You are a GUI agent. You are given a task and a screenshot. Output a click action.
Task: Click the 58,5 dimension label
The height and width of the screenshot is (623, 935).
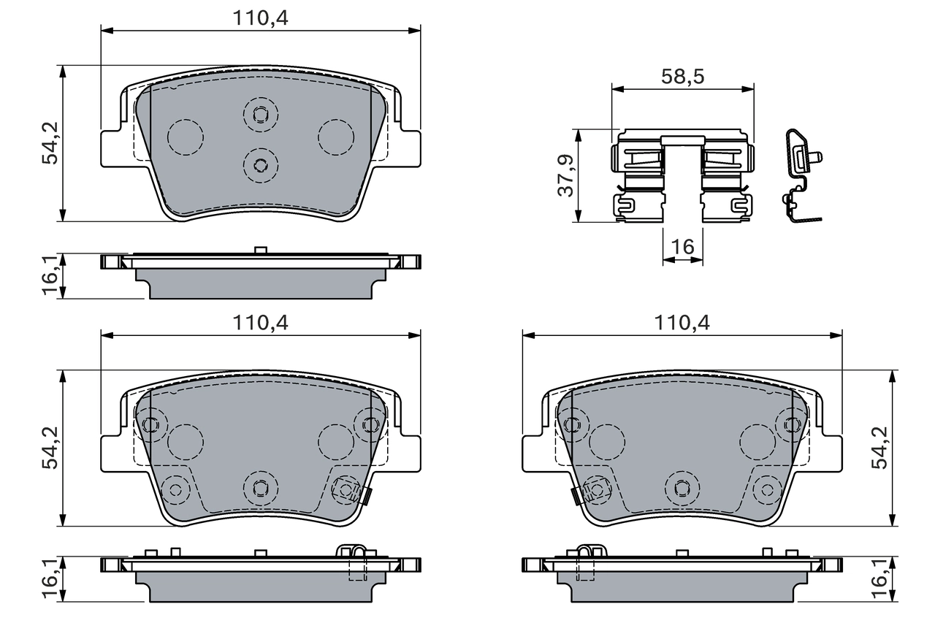point(682,77)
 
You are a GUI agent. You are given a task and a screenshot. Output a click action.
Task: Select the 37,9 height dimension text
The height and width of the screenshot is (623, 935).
point(565,176)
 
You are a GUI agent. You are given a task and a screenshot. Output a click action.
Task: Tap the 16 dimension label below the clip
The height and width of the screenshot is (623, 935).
point(682,247)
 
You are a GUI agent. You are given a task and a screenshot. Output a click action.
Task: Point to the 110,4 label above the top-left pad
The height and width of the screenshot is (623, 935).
point(261,19)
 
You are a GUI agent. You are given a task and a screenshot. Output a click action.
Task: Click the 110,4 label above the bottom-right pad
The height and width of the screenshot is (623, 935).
point(682,323)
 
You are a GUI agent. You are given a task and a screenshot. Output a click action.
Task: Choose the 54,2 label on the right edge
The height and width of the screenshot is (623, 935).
point(880,447)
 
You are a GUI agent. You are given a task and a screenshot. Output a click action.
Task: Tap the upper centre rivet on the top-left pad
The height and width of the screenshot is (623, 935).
point(261,114)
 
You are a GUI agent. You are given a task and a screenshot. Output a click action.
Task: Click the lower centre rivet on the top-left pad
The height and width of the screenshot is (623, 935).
point(261,164)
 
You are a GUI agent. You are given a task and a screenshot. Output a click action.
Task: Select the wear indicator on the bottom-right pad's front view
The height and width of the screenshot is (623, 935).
point(576,496)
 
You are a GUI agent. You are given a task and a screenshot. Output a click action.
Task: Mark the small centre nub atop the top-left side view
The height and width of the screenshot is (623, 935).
point(260,251)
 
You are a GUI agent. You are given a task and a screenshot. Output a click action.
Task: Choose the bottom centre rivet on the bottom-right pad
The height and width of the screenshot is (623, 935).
point(682,487)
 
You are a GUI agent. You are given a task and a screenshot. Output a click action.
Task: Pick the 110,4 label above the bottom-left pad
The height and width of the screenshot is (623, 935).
point(261,323)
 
